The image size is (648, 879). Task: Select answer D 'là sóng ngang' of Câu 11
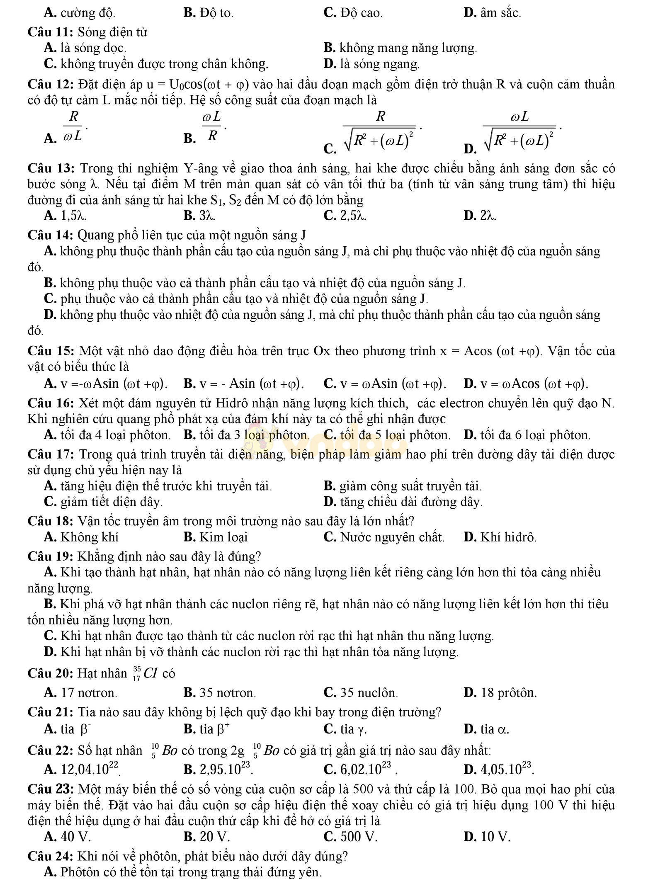tap(379, 64)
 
